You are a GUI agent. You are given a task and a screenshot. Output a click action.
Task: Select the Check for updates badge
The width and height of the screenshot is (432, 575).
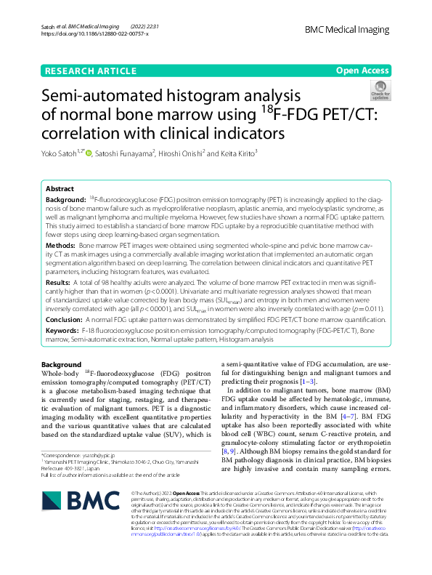click(380, 92)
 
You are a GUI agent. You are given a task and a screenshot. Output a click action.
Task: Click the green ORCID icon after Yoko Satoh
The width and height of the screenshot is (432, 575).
click(90, 153)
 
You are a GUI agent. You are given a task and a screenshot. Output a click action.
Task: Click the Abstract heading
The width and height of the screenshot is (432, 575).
click(60, 188)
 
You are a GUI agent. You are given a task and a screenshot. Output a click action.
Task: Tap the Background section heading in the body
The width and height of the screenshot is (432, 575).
click(62, 364)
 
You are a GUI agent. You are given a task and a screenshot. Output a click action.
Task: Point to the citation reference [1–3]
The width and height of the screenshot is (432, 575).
click(306, 382)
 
